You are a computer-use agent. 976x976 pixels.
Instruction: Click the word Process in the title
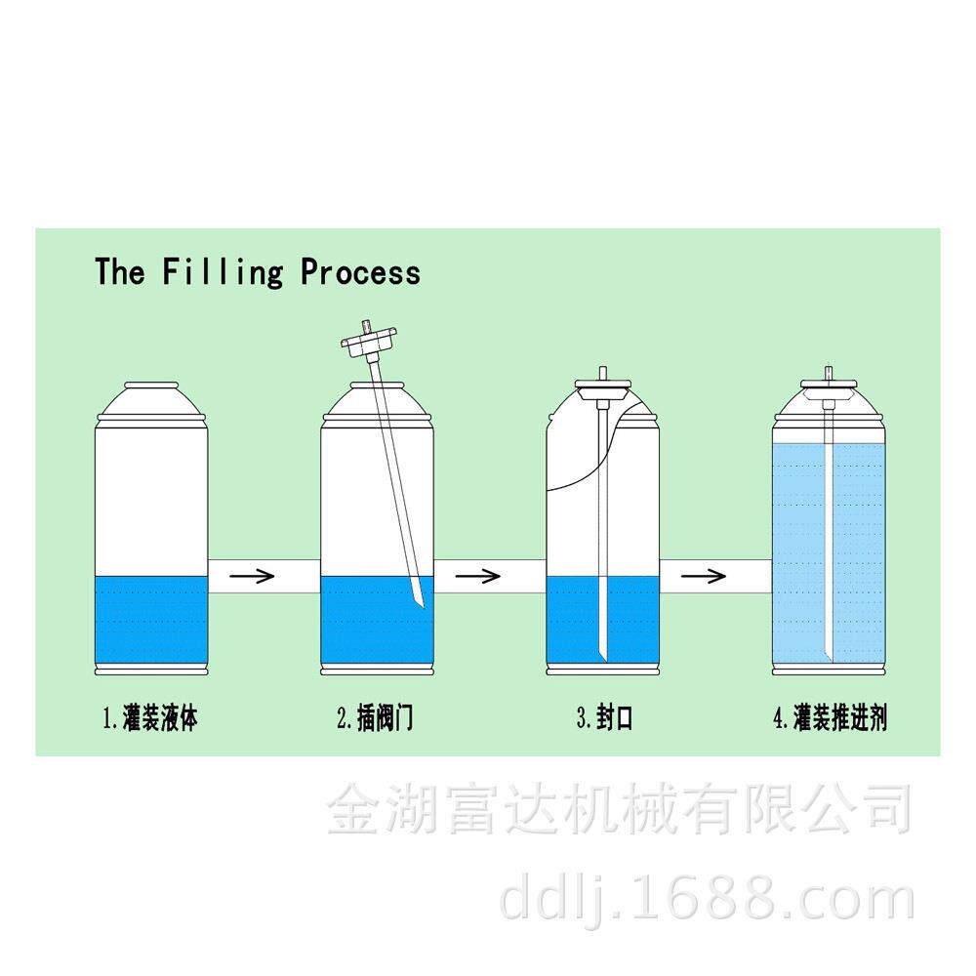(x=361, y=272)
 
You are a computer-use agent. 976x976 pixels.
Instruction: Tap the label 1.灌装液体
(x=150, y=720)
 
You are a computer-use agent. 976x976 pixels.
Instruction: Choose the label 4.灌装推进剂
(x=830, y=720)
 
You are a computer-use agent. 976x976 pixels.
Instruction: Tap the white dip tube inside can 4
(x=830, y=547)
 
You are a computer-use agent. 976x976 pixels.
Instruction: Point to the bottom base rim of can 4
(x=830, y=670)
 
